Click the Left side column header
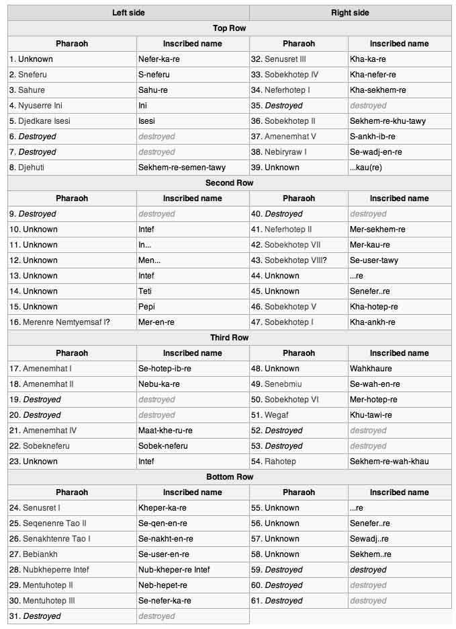[128, 13]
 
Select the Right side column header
[350, 13]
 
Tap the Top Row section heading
[229, 28]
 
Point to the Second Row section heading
[229, 183]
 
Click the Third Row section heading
[229, 338]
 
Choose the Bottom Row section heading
[229, 477]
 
